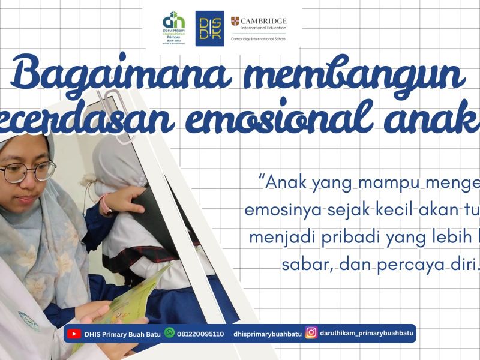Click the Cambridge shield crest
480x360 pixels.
coord(235,22)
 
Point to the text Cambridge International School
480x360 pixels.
coord(258,38)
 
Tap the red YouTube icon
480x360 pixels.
coord(74,334)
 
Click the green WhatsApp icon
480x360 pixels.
coord(170,333)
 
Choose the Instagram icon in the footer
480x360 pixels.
coord(311,333)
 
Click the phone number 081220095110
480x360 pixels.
coord(200,334)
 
